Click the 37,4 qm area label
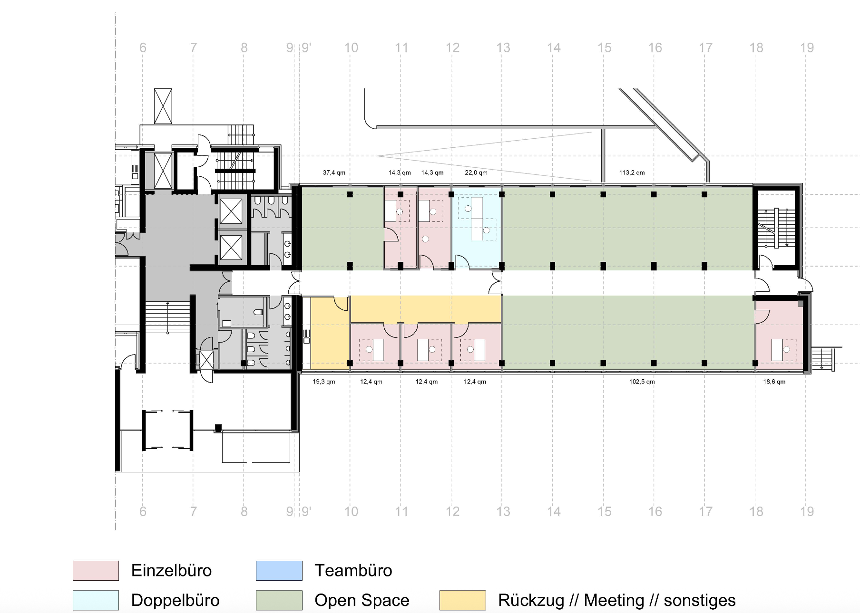(334, 172)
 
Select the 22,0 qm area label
(476, 172)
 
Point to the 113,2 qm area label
(632, 172)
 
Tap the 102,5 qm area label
(642, 382)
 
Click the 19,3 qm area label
(324, 382)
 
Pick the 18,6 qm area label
(774, 382)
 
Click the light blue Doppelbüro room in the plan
(477, 228)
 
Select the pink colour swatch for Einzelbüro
(96, 571)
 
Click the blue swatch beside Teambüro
(279, 571)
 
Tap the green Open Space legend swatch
(279, 600)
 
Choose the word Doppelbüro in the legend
(175, 600)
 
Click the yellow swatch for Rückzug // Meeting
(462, 600)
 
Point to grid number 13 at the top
(503, 48)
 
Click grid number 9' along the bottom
(306, 511)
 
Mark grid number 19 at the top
(807, 48)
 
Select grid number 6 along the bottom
(143, 511)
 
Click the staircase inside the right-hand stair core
(775, 228)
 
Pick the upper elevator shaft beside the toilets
(231, 211)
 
